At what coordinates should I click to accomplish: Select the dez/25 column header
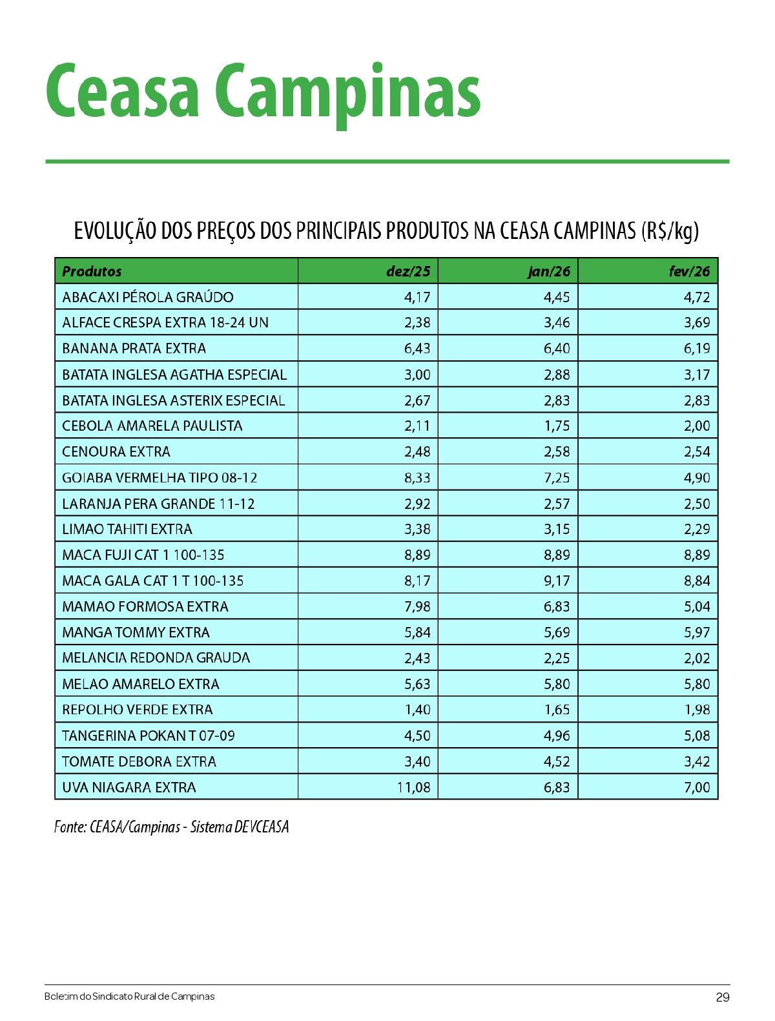coord(408,271)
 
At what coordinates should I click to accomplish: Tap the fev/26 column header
coord(688,271)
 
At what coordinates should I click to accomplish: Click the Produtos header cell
coord(92,271)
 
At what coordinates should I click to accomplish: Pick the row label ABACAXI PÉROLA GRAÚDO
coord(148,297)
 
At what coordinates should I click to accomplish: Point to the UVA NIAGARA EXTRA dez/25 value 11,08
coord(413,787)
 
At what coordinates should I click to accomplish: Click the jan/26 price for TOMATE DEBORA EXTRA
coord(557,761)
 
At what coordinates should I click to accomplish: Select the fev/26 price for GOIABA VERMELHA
coord(697,478)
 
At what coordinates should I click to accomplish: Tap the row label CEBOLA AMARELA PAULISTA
coord(152,426)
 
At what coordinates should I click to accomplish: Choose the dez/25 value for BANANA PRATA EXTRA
coord(417,349)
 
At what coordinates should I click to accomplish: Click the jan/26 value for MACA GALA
coord(557,581)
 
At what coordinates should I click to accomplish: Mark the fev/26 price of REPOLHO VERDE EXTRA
coord(697,710)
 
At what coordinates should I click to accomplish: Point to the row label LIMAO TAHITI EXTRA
coord(127,530)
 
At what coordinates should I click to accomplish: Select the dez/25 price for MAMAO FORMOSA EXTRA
coord(417,606)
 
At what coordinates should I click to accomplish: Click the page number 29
coord(723,997)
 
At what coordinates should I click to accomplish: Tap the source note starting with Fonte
coord(171,827)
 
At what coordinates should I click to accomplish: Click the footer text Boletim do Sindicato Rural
coord(129,996)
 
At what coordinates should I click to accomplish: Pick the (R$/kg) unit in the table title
coord(670,231)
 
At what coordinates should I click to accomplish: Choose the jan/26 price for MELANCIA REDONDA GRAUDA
coord(557,658)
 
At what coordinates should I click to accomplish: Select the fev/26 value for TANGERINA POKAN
coord(697,736)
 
